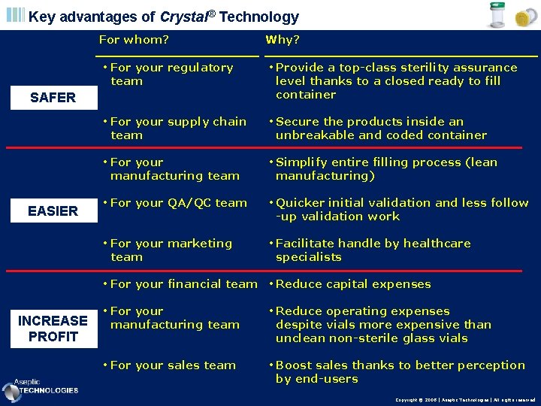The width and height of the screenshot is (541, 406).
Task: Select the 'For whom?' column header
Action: click(134, 40)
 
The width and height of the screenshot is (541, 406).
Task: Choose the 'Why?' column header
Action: click(283, 40)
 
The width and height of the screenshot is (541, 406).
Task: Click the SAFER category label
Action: click(53, 97)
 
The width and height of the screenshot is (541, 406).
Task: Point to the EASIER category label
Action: click(53, 211)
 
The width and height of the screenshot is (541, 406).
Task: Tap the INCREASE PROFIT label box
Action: click(53, 329)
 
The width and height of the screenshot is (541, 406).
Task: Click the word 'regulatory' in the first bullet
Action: click(200, 68)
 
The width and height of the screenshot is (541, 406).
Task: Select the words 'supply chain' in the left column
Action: click(207, 122)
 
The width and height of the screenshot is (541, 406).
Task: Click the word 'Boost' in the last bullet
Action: click(294, 365)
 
